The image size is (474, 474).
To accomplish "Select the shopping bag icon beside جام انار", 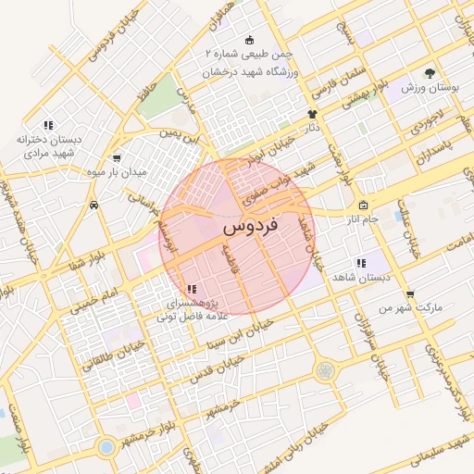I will [x=363, y=205].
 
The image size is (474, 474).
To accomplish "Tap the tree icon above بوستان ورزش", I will [x=429, y=72].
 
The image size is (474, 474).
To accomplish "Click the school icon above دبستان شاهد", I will [x=359, y=263].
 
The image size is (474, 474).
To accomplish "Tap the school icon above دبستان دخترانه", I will [x=48, y=125].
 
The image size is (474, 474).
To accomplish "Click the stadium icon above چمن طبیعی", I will [x=249, y=41].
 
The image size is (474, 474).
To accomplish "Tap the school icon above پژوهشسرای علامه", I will [x=191, y=290].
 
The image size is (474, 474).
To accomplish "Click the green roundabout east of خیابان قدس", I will [x=325, y=371].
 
